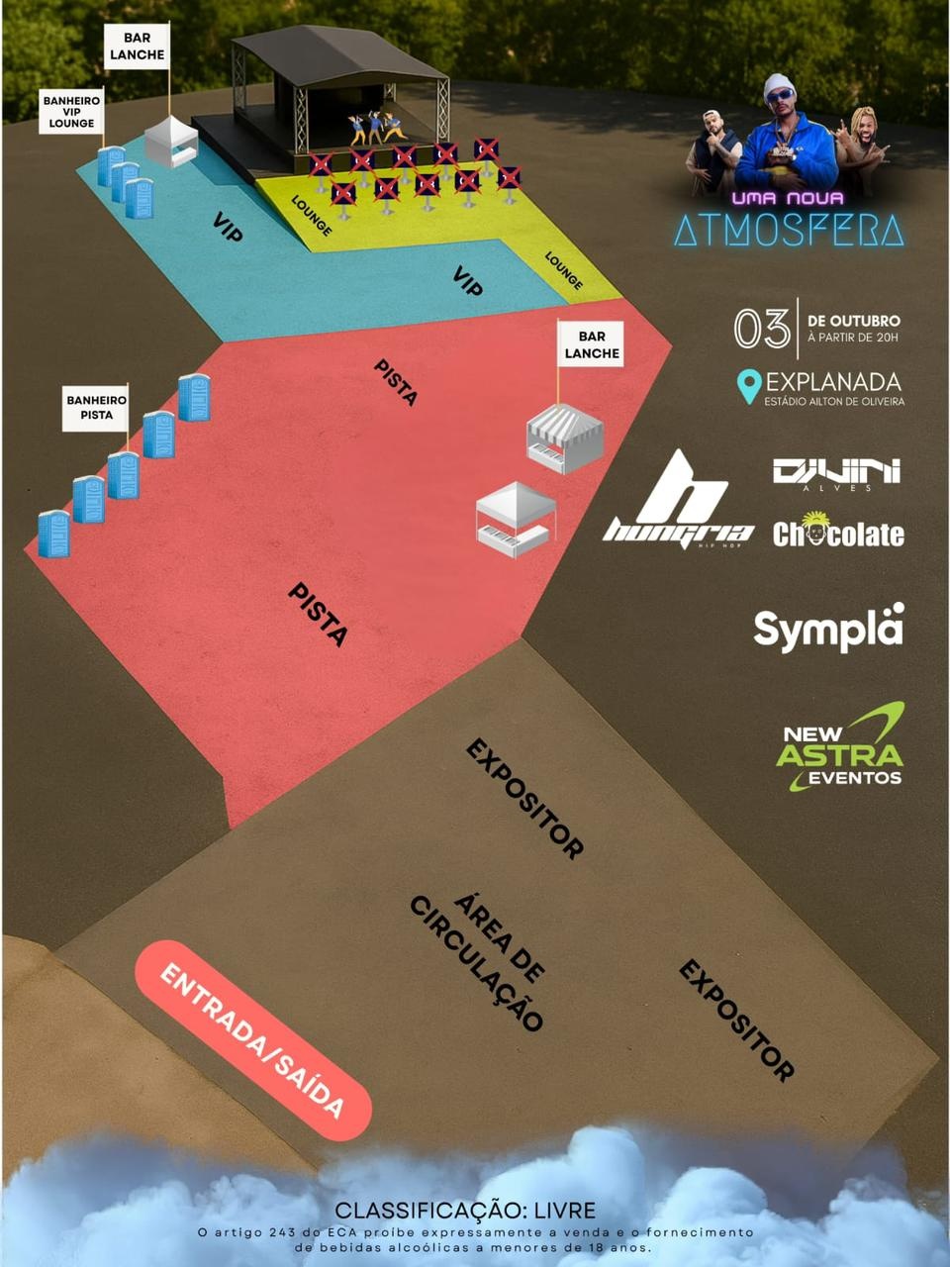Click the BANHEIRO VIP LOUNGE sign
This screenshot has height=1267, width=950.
pos(71,112)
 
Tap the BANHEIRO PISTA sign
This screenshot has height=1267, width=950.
pos(96,408)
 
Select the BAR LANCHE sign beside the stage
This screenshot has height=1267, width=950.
pos(137,47)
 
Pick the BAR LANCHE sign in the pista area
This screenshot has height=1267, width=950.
pos(591,344)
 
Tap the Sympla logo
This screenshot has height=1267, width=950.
pos(828,628)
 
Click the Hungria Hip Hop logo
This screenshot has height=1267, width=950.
pos(678,500)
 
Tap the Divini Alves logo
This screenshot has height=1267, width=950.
pos(837,474)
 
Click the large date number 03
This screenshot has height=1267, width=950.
pos(762,329)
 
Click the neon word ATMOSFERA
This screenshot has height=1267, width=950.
pos(789,230)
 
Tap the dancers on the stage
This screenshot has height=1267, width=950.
pos(375,128)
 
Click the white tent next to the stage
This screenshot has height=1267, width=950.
pos(171,142)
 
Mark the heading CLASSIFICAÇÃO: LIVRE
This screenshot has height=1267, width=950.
pos(465,1210)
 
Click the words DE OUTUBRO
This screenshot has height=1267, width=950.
pos(854,321)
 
